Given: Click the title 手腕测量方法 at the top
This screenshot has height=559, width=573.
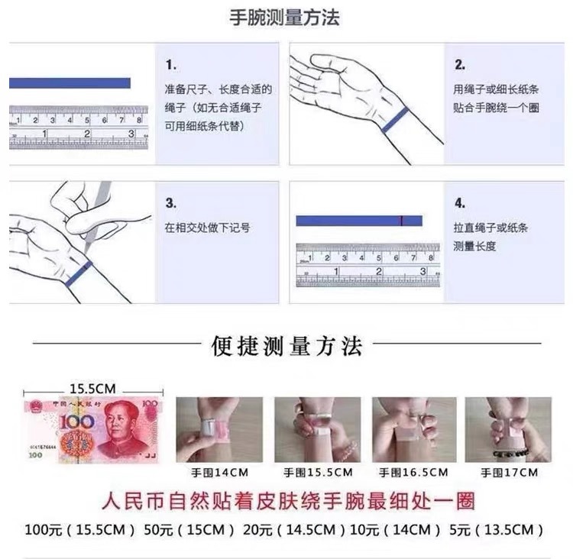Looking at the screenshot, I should (x=285, y=18).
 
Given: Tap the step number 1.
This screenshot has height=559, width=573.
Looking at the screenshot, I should (x=171, y=64).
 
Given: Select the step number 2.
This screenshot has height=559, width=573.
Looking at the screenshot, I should (x=460, y=64).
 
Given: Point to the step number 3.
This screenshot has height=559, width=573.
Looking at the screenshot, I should (x=171, y=204).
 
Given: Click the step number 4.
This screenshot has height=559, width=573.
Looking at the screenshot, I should (x=460, y=204).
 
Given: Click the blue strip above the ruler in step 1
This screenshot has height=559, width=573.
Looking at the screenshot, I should (x=70, y=83).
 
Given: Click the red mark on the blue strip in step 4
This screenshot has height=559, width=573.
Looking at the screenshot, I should (x=400, y=221).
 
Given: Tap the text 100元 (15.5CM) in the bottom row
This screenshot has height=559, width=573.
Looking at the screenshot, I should (x=80, y=529).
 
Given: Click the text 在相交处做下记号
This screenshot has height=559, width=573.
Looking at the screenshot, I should (x=208, y=228).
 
